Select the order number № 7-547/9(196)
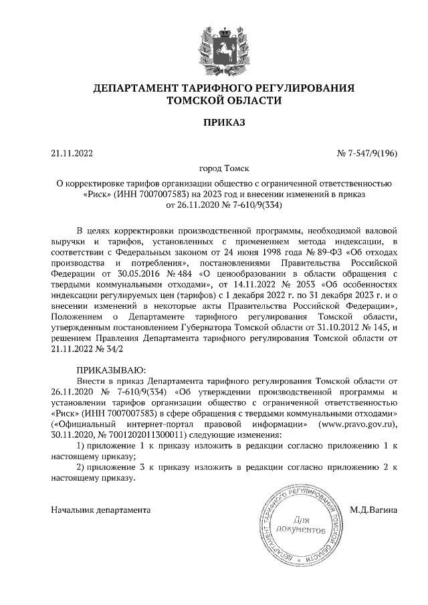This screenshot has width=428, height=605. (366, 153)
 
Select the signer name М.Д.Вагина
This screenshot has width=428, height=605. (373, 510)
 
